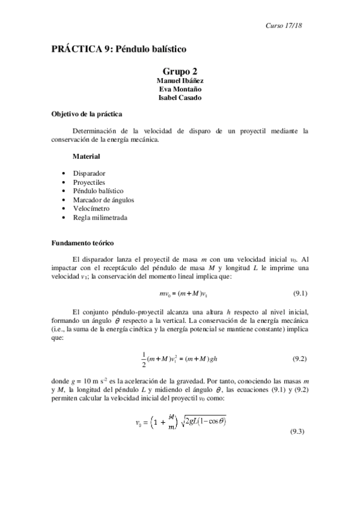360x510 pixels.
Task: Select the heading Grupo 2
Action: click(x=180, y=72)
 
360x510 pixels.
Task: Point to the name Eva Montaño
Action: click(x=180, y=90)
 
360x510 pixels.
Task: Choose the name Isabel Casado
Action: click(x=180, y=98)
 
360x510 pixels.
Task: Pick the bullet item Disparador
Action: click(x=89, y=173)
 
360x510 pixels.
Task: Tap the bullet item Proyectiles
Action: click(x=90, y=182)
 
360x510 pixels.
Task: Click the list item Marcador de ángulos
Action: click(x=103, y=199)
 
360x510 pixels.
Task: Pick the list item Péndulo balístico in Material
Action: click(x=98, y=191)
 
